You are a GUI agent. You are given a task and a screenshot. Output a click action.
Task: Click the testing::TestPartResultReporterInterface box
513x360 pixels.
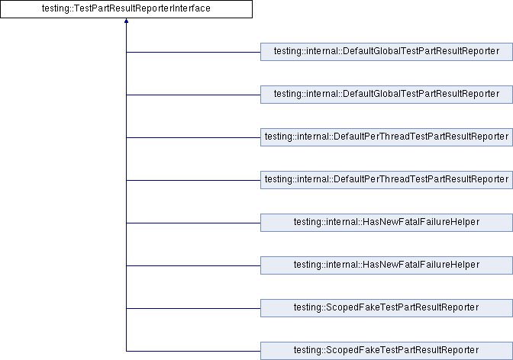[x=126, y=9]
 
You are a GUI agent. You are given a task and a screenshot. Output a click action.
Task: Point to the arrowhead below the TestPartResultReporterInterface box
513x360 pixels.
[x=126, y=21]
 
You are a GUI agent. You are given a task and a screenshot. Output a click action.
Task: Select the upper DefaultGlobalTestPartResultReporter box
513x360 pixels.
[x=386, y=52]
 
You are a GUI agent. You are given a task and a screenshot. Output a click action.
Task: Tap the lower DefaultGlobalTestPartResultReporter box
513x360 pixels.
[x=386, y=95]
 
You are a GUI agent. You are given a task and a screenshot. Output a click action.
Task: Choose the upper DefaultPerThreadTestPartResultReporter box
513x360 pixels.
[x=386, y=137]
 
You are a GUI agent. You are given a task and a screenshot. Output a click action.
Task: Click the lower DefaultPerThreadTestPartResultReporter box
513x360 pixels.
[x=386, y=180]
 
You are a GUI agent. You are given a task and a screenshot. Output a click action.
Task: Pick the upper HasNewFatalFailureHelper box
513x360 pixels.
[x=386, y=223]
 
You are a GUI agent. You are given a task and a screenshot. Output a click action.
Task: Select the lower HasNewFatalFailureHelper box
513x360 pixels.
[x=386, y=265]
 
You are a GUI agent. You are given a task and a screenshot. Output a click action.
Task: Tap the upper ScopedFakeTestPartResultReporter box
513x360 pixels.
[x=386, y=308]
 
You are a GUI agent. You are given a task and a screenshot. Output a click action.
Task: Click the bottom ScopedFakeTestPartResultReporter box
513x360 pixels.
[x=386, y=351]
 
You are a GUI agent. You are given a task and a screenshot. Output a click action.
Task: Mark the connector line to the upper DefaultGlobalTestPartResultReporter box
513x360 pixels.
[x=193, y=52]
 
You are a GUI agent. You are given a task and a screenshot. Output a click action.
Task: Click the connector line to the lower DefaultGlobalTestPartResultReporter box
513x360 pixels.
[x=193, y=95]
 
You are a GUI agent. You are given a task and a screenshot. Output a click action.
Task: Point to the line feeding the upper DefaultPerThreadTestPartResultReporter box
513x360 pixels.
[x=193, y=137]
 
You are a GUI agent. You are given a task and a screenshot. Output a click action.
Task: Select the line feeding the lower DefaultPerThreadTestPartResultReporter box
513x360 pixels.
[x=193, y=180]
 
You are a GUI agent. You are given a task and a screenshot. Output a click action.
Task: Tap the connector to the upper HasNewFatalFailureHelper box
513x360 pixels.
[x=193, y=223]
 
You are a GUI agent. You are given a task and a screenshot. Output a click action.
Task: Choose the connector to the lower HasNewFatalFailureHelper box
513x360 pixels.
[x=193, y=266]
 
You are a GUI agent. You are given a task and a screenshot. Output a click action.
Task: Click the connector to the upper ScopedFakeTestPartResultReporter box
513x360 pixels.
[x=193, y=308]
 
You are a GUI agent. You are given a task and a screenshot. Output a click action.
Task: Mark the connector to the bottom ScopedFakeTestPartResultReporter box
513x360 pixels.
[x=193, y=351]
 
